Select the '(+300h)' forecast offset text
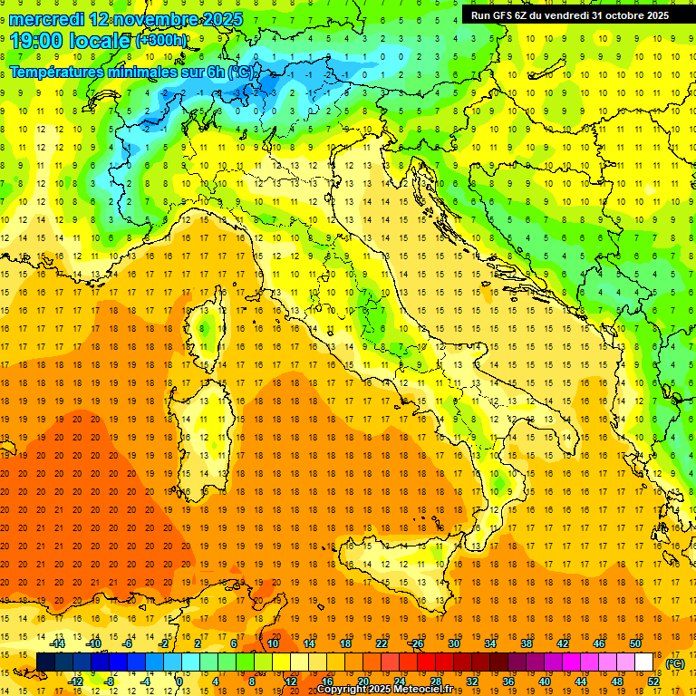(x=161, y=41)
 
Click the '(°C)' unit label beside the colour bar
(x=675, y=663)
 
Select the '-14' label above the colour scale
(x=58, y=643)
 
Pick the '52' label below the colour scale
(x=652, y=681)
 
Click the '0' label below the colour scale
(x=179, y=681)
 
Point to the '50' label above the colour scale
(x=634, y=643)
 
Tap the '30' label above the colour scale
(x=453, y=643)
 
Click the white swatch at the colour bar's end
(x=643, y=662)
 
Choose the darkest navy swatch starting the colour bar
(x=45, y=662)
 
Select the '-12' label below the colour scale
(x=76, y=681)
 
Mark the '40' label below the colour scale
(x=544, y=681)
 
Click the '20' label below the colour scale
(x=362, y=681)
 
